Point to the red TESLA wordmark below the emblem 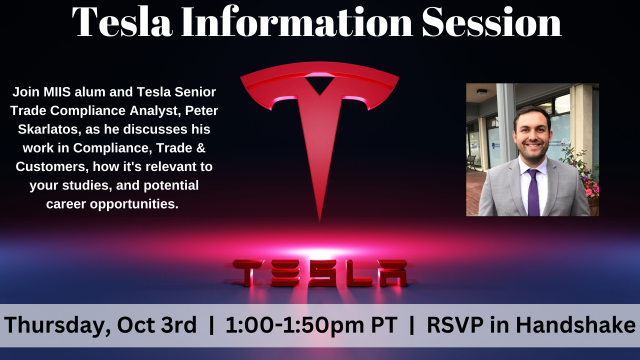320,270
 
